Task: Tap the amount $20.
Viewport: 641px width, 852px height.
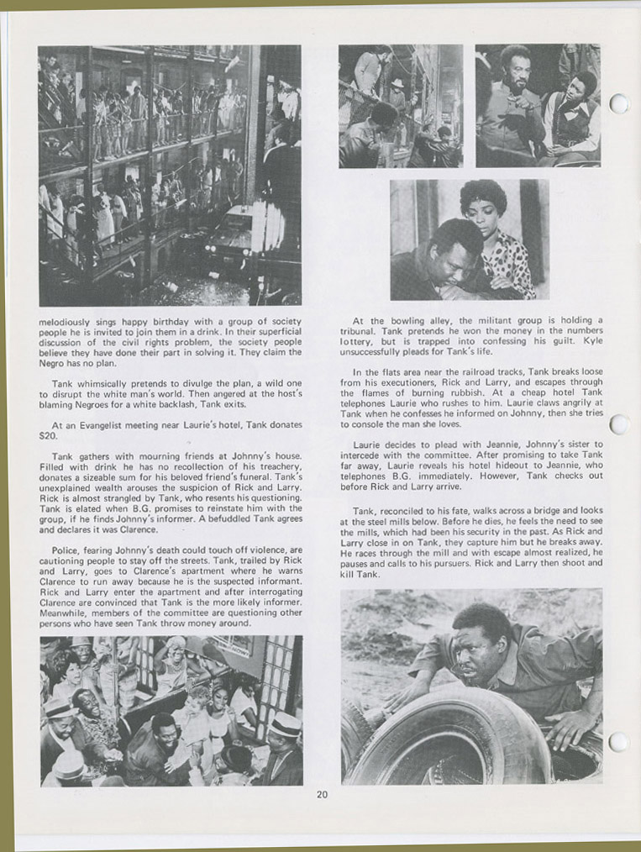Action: coord(48,436)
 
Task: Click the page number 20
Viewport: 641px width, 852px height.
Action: coord(322,795)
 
